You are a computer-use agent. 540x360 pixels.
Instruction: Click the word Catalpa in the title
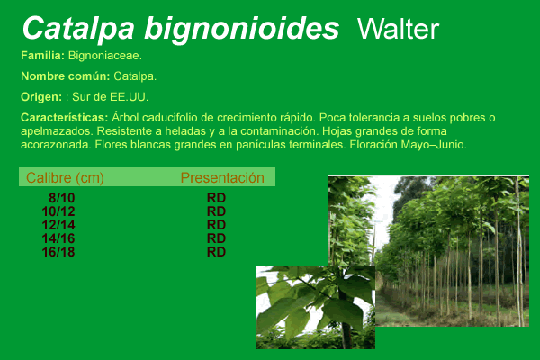tap(78, 29)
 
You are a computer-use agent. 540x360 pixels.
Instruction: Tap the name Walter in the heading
tap(398, 30)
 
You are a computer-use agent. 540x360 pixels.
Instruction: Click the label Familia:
tap(42, 56)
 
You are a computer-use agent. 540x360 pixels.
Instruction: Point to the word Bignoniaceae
tap(105, 56)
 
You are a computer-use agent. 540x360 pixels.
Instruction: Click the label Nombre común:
tap(66, 76)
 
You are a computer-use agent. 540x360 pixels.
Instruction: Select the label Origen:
tap(41, 97)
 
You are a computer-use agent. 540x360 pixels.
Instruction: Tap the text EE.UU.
tap(129, 97)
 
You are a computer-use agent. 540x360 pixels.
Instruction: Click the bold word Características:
tap(65, 118)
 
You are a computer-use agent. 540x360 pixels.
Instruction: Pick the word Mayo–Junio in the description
tap(434, 145)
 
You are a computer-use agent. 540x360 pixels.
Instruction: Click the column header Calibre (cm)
tap(65, 178)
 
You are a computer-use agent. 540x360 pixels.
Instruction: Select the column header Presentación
tap(222, 178)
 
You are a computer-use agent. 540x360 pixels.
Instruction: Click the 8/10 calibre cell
tap(61, 198)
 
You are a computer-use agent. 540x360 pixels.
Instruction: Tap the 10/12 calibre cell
tap(58, 211)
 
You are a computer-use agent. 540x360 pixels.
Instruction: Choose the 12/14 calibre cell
tap(58, 225)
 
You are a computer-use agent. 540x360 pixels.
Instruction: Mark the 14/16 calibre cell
tap(58, 238)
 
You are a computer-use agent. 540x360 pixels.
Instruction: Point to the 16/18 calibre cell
tap(58, 252)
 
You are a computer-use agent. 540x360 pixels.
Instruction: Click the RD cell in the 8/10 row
tap(216, 198)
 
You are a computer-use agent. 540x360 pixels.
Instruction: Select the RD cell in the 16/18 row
tap(216, 252)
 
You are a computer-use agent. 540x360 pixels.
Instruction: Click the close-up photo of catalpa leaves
tap(316, 308)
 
